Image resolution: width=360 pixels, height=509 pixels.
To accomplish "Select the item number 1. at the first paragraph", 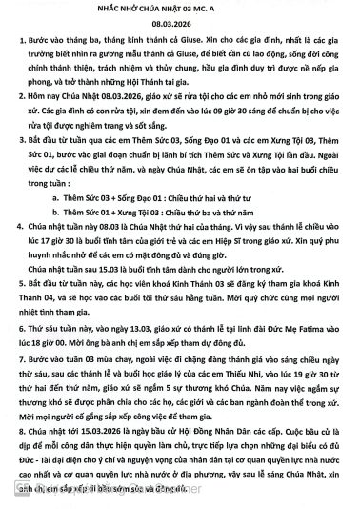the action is [23, 42].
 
